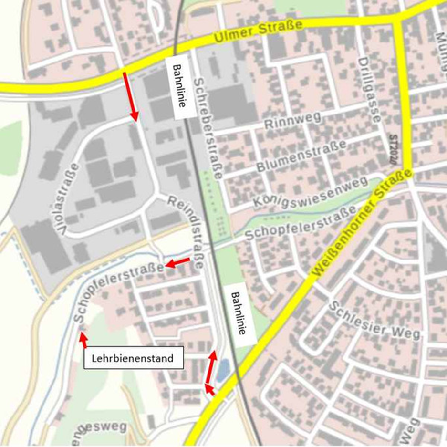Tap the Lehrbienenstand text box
(x=134, y=357)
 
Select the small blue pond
(x=222, y=370)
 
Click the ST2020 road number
(x=393, y=149)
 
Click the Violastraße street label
(x=69, y=199)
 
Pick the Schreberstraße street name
(x=208, y=128)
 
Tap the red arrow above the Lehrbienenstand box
(x=83, y=339)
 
